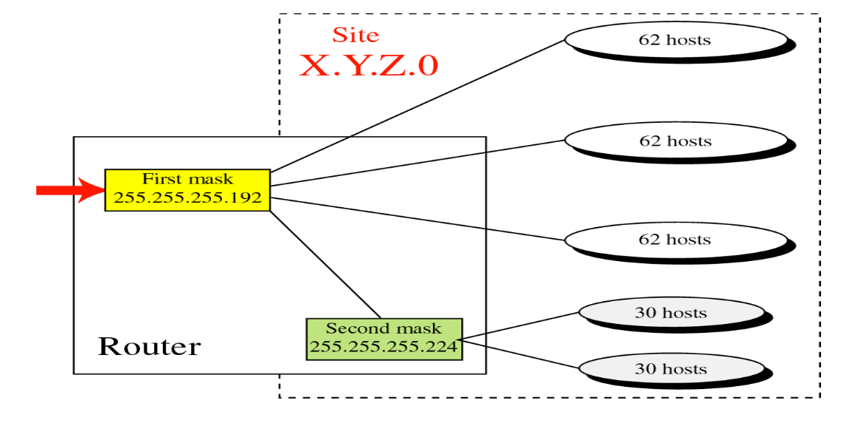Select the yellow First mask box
[x=187, y=190]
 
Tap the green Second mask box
[x=384, y=339]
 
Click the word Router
[x=149, y=346]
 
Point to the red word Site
[x=355, y=35]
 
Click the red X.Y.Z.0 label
[x=369, y=65]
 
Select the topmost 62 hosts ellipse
[x=675, y=39]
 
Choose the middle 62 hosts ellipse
[x=675, y=141]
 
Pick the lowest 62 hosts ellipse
[x=675, y=240]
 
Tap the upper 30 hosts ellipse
[x=671, y=313]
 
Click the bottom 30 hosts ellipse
[x=671, y=368]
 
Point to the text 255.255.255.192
[x=187, y=198]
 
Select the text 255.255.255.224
[x=384, y=346]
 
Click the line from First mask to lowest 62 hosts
[x=418, y=219]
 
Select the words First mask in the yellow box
[x=187, y=179]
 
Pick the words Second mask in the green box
[x=384, y=328]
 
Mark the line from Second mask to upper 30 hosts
[x=518, y=326]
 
